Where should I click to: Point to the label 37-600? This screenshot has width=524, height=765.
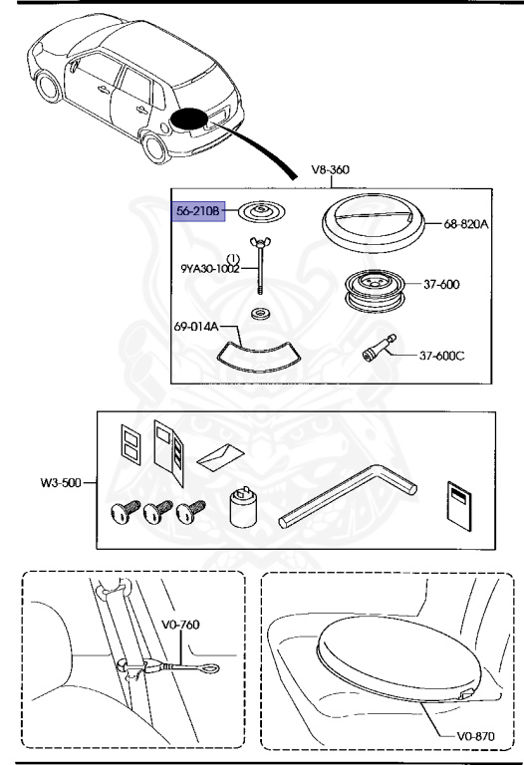pos(442,284)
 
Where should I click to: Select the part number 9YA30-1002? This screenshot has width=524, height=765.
pos(210,268)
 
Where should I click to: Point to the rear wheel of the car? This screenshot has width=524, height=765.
pos(155,147)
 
